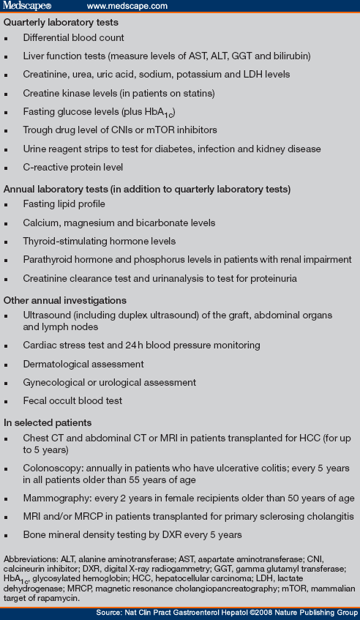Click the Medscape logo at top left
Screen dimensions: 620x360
tap(29, 7)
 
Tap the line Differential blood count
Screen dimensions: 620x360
tap(73, 37)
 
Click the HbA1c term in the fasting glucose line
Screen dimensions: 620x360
tap(162, 112)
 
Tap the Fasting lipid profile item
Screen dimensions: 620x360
tap(64, 203)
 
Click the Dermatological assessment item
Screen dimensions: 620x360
tap(83, 364)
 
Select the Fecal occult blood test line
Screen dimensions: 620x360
tap(72, 401)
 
